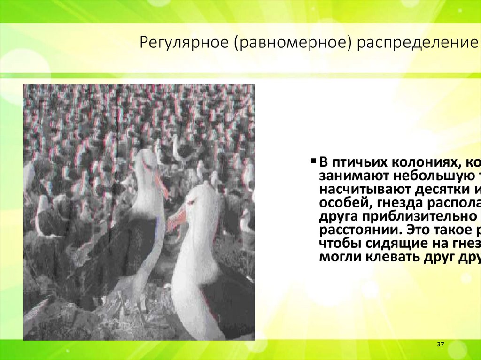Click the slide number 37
[x=441, y=345]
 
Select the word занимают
[x=351, y=176]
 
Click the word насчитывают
[x=365, y=190]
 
